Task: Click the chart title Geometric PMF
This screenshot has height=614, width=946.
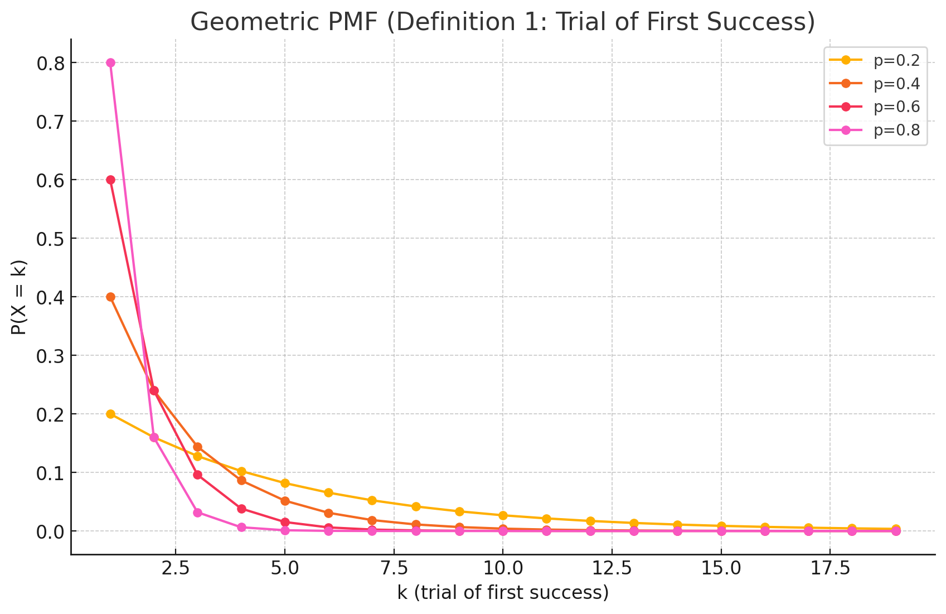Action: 503,22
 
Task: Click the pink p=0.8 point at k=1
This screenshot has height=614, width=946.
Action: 110,62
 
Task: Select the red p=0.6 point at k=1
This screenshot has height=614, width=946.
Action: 110,180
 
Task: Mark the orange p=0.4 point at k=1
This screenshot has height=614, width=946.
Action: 110,297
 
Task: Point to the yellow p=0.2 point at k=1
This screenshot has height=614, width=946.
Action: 110,414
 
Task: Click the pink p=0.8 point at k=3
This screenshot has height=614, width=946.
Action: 197,513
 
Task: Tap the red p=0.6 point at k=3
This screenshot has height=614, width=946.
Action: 197,475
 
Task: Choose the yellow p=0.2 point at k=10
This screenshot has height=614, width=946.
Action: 503,515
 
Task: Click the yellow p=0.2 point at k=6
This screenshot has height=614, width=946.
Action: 328,492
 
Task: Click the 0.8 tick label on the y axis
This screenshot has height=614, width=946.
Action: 51,64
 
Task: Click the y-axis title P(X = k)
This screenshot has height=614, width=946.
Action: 19,297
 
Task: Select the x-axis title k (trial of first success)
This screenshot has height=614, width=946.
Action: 503,592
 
